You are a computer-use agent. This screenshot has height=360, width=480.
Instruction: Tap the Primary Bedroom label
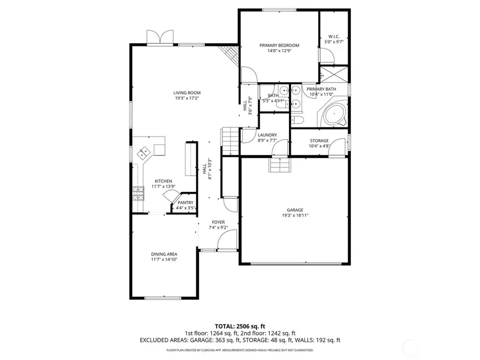[x=279, y=45]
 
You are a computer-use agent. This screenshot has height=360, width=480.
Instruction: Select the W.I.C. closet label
[x=333, y=36]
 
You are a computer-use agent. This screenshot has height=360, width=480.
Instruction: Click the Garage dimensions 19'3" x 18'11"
[x=295, y=215]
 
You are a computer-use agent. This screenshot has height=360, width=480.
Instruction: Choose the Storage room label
[x=319, y=141]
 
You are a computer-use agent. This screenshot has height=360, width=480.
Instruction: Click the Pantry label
[x=186, y=203]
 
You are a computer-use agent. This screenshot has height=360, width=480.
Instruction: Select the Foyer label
[x=218, y=222]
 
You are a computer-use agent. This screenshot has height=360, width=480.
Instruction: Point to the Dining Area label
[x=164, y=254]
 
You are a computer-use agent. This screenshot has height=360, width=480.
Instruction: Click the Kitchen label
[x=163, y=181]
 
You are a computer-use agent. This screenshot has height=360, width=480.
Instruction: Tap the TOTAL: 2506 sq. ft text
[x=239, y=326]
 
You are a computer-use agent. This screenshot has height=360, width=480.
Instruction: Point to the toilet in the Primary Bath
[x=298, y=120]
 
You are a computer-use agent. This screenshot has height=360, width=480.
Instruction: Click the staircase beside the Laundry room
[x=229, y=141]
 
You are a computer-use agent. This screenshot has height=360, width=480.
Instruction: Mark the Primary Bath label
[x=321, y=89]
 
